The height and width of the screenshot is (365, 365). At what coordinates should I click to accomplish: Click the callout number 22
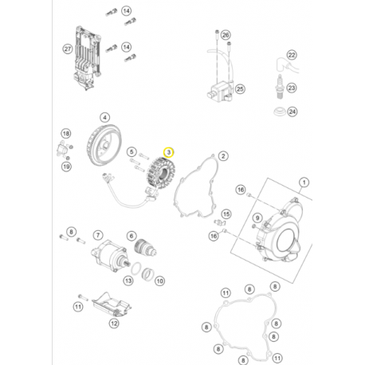pos(292,54)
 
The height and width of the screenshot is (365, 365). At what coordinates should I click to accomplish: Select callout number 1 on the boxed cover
pos(303,184)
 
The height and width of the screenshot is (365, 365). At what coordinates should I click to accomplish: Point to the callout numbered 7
pos(98,235)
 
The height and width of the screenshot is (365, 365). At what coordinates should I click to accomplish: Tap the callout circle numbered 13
pos(128,281)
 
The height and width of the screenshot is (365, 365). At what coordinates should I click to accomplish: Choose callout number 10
pos(159,281)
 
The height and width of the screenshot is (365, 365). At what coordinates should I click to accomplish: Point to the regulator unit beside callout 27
pos(88,52)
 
